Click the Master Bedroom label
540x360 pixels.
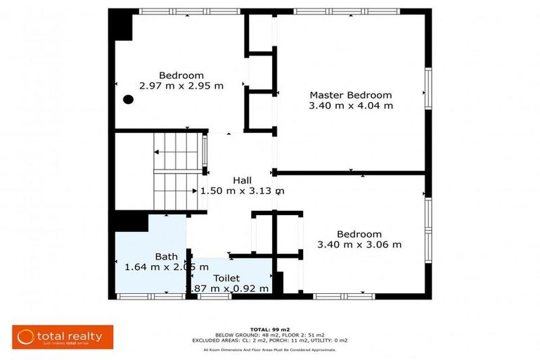pyautogui.click(x=350, y=95)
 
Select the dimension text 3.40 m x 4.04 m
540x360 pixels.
pyautogui.click(x=350, y=106)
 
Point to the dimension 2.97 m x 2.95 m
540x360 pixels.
pyautogui.click(x=181, y=86)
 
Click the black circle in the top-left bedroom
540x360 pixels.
pyautogui.click(x=129, y=100)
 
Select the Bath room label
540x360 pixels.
pyautogui.click(x=167, y=257)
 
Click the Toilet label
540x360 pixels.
pyautogui.click(x=226, y=278)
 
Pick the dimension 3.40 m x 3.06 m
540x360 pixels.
pyautogui.click(x=359, y=245)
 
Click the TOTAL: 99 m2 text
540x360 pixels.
pyautogui.click(x=270, y=329)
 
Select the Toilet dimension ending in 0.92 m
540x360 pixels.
pyautogui.click(x=227, y=288)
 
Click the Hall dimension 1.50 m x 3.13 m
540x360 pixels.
pyautogui.click(x=242, y=191)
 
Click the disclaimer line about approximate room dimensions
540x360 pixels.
pyautogui.click(x=270, y=349)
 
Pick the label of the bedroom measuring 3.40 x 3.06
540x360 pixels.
pyautogui.click(x=359, y=234)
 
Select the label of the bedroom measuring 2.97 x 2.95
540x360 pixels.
pyautogui.click(x=181, y=76)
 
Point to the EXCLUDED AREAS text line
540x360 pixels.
pyautogui.click(x=270, y=340)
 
